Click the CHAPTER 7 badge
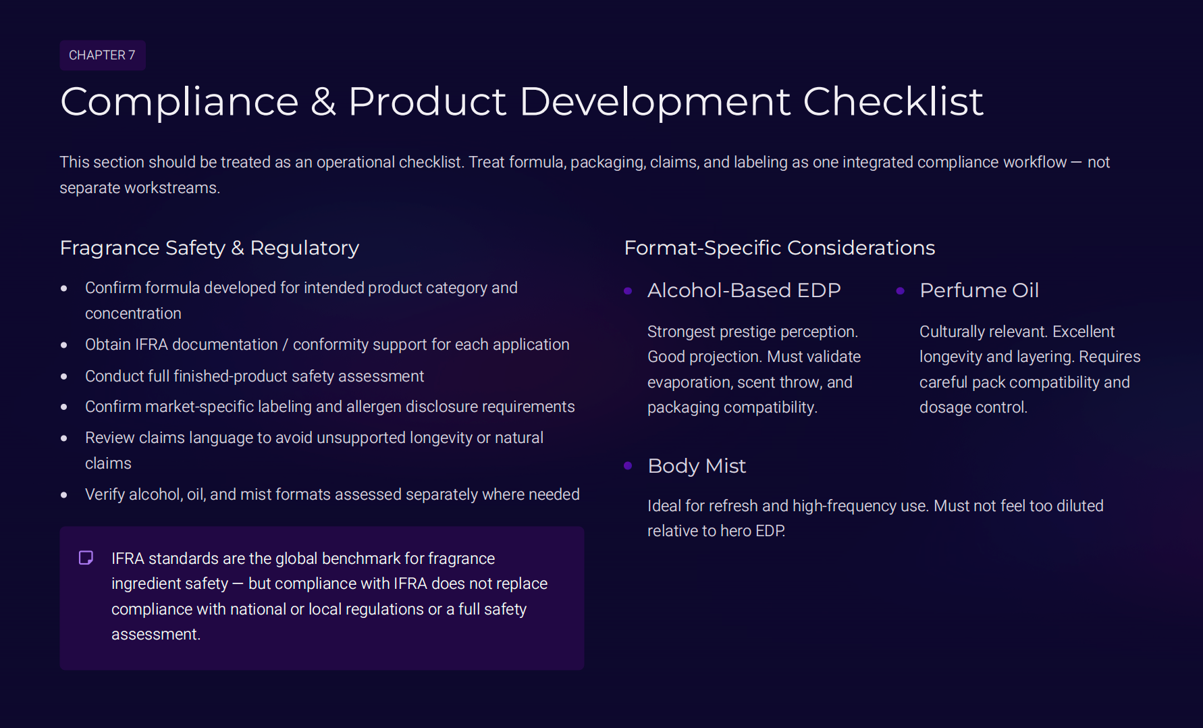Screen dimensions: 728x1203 (x=102, y=55)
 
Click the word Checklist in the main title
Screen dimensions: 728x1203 (x=892, y=102)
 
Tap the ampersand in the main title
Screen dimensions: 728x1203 (x=323, y=102)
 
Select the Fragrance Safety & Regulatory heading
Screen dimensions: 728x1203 (x=209, y=248)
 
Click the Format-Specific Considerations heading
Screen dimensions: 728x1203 (x=779, y=248)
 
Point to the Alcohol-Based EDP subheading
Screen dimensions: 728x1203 (x=743, y=290)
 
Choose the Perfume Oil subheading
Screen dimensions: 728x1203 (x=978, y=290)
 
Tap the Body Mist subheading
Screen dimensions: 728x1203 (x=696, y=466)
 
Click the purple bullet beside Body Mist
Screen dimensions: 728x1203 (x=628, y=466)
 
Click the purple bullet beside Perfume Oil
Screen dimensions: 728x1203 (x=900, y=291)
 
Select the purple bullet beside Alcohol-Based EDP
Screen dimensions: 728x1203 (x=628, y=291)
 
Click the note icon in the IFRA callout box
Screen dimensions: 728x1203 (x=86, y=558)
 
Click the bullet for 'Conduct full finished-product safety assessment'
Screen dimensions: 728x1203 (x=64, y=377)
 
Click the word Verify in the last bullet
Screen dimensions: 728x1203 (x=105, y=495)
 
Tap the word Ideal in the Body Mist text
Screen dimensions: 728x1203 (x=664, y=506)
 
